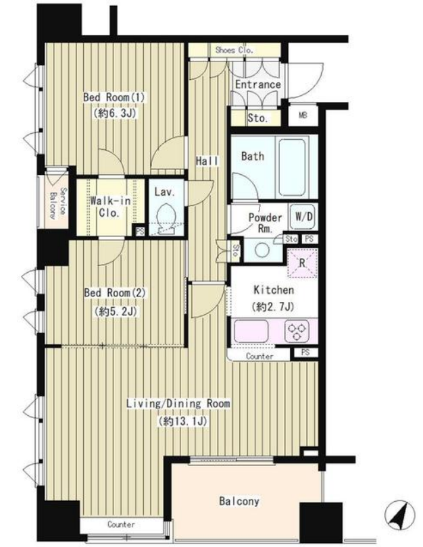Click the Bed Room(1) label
(114, 97)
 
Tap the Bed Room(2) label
(114, 292)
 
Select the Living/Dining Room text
(178, 404)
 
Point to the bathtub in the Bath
(292, 167)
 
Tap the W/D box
(304, 216)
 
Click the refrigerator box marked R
(302, 263)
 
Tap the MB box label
(303, 115)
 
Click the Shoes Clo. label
(234, 50)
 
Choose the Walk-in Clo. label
(110, 207)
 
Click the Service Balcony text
(58, 203)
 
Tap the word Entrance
(258, 84)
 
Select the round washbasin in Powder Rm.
(262, 250)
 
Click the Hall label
(207, 161)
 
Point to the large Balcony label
(239, 501)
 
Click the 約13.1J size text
(183, 421)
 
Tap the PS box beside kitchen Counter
(305, 353)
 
